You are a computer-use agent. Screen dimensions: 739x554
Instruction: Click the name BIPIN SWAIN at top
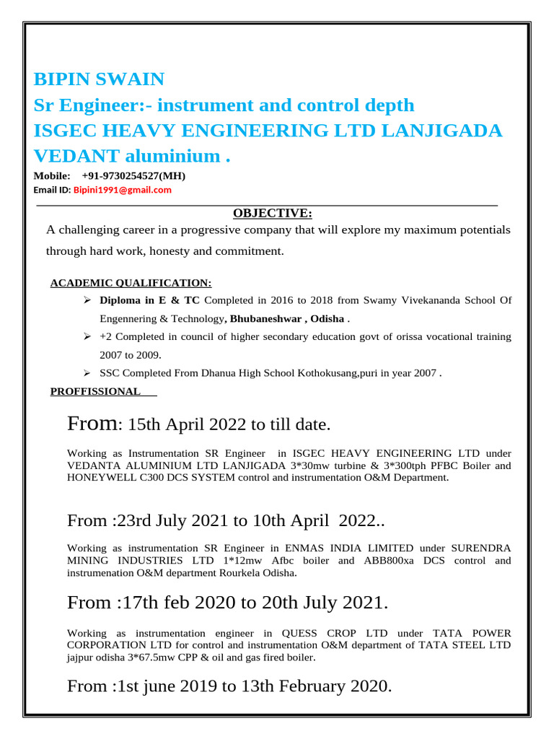(100, 79)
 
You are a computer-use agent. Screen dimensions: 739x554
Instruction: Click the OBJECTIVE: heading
(273, 213)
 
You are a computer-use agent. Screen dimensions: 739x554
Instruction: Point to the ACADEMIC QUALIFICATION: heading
(131, 283)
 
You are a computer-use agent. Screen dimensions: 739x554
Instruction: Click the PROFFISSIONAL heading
(95, 391)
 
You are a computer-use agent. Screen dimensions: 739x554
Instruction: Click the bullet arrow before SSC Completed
(87, 373)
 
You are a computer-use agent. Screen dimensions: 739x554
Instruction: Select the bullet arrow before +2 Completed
(87, 336)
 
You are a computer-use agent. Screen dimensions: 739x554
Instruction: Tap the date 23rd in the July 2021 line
(135, 520)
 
